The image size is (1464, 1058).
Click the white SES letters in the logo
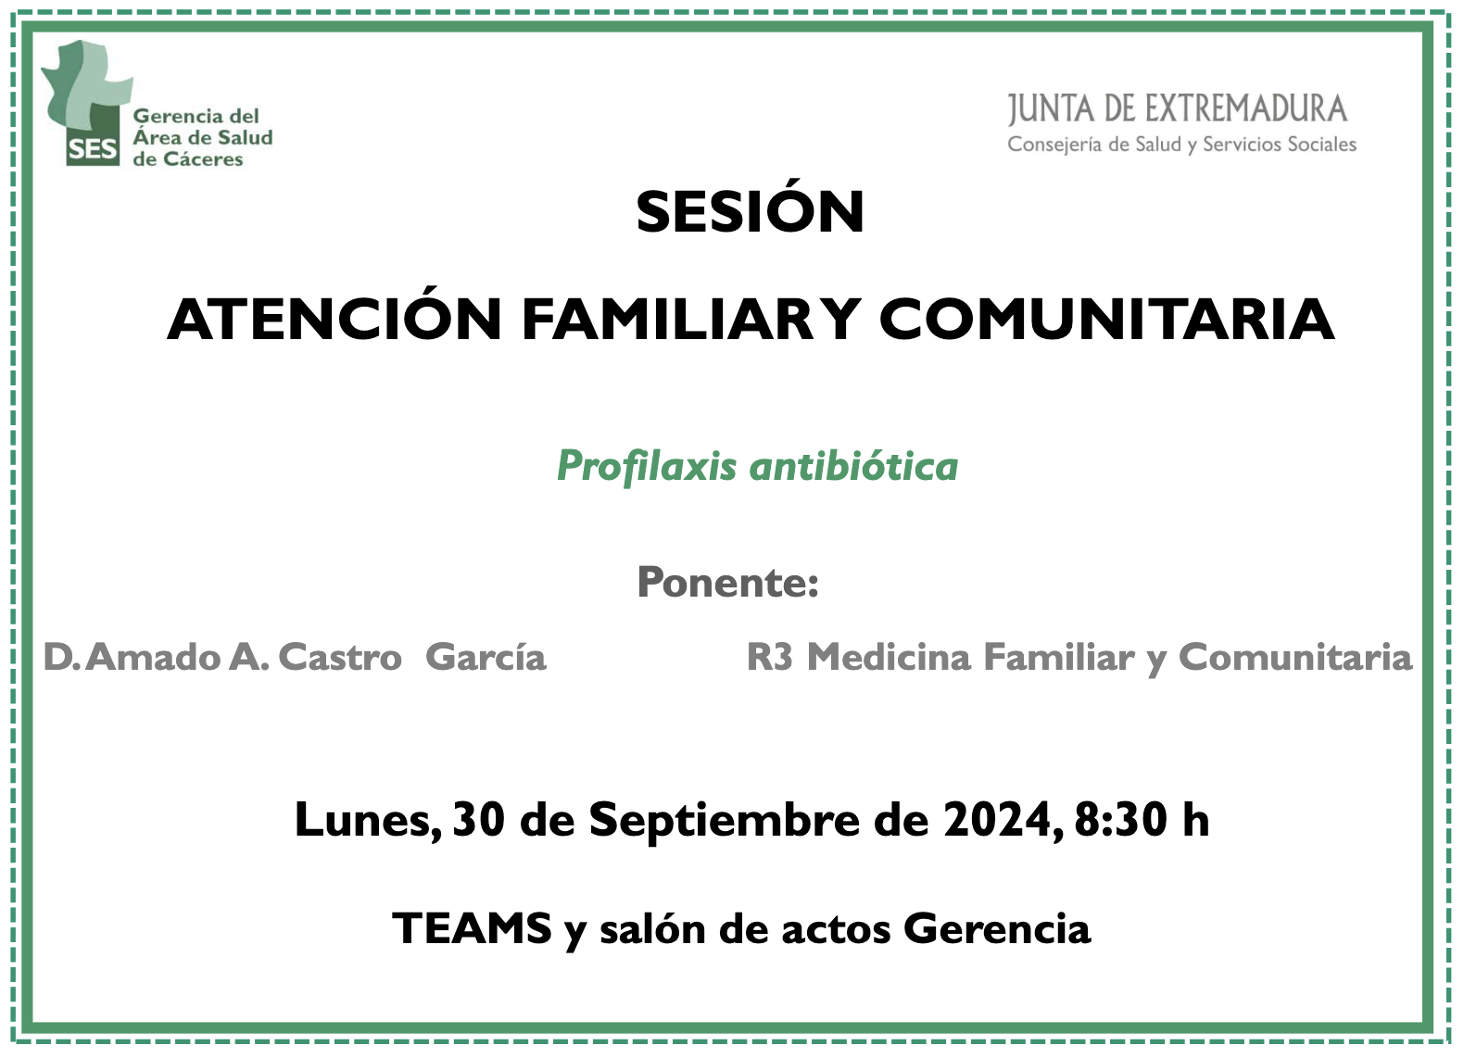click(x=92, y=150)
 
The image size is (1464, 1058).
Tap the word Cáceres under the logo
click(x=203, y=159)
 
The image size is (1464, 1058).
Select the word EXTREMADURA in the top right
click(x=1258, y=109)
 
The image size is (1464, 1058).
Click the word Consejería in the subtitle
click(x=1058, y=144)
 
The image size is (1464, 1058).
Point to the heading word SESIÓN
click(x=751, y=211)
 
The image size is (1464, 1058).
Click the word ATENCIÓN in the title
click(x=334, y=319)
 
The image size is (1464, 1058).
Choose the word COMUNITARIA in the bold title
click(x=1106, y=319)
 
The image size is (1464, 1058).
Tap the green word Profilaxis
click(x=647, y=467)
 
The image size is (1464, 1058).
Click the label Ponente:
click(x=728, y=582)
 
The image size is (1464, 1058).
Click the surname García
click(x=486, y=657)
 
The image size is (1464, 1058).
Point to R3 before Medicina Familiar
click(x=769, y=657)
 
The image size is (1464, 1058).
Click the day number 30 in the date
click(x=478, y=820)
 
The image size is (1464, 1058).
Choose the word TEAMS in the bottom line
click(x=472, y=928)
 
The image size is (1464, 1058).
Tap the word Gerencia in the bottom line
click(x=997, y=928)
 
